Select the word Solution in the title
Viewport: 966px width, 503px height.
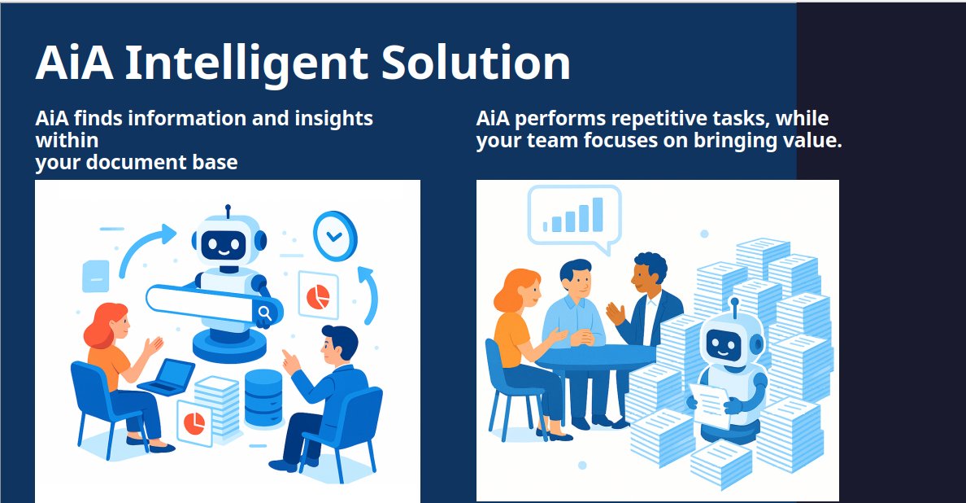coord(475,63)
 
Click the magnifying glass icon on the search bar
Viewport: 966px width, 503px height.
coord(264,313)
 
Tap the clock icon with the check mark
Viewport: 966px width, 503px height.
coord(334,235)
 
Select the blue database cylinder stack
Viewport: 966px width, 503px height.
coord(263,397)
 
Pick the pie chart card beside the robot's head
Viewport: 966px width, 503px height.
coord(318,295)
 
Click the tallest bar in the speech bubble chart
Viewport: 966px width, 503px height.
coord(598,214)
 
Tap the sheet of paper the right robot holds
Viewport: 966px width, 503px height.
coord(710,405)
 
